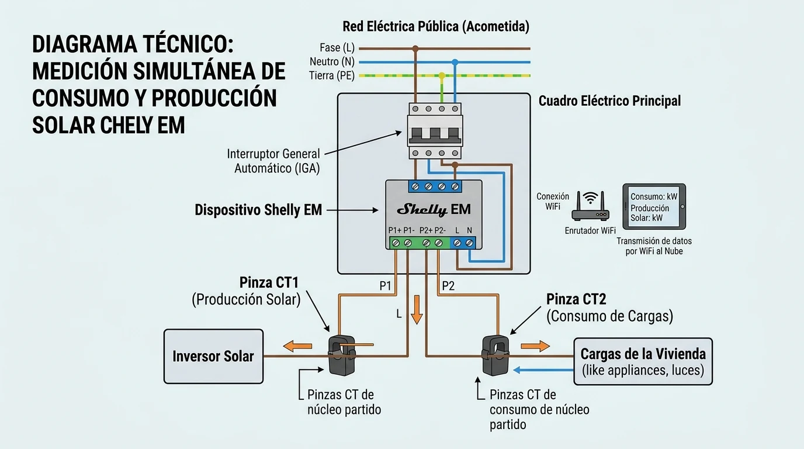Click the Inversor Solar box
point(213,356)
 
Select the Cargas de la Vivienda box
point(643,361)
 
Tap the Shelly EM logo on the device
point(434,210)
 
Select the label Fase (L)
point(337,48)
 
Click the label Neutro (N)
point(332,61)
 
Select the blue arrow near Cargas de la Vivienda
point(543,369)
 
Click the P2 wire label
point(448,286)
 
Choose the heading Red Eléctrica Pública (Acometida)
point(435,26)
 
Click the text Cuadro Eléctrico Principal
point(609,101)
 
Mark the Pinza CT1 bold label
point(269,282)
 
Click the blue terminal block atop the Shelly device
point(434,186)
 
